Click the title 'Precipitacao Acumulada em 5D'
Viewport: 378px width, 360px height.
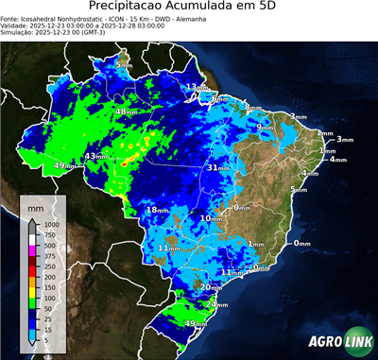[189, 8]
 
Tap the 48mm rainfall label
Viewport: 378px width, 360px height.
[124, 112]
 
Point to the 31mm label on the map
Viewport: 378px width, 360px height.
[216, 168]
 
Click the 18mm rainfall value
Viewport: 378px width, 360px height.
[156, 210]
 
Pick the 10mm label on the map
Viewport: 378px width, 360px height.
[210, 218]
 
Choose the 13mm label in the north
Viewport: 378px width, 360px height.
[194, 87]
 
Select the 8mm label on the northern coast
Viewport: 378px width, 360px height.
[219, 99]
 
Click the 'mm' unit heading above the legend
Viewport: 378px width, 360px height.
[36, 204]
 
